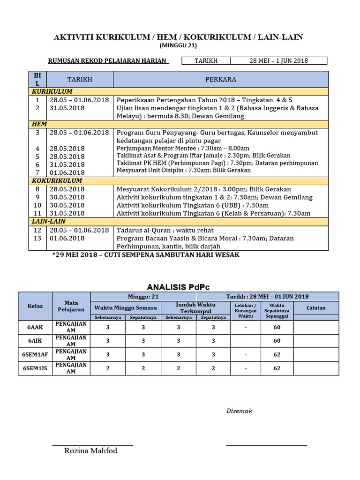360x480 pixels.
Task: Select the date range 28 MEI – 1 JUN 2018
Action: click(280, 60)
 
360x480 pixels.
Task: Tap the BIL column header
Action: click(37, 79)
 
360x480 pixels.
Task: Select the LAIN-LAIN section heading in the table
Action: click(48, 221)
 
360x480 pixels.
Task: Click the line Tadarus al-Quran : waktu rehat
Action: click(165, 230)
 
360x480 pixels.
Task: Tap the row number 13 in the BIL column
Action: click(37, 238)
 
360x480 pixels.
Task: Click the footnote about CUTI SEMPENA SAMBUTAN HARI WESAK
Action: click(146, 255)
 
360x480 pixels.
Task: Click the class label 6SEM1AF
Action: click(35, 355)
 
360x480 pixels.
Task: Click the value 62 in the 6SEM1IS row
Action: click(277, 368)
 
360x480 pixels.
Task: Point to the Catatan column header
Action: click(316, 308)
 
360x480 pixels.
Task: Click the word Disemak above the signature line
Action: click(240, 411)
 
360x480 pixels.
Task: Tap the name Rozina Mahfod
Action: click(90, 451)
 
